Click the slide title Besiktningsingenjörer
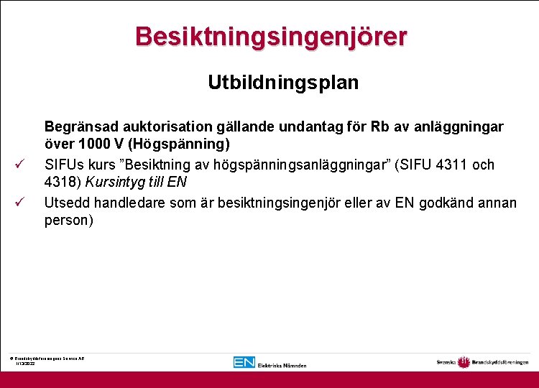point(270,36)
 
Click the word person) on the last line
point(68,221)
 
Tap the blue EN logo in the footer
point(244,362)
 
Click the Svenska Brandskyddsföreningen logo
point(482,362)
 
